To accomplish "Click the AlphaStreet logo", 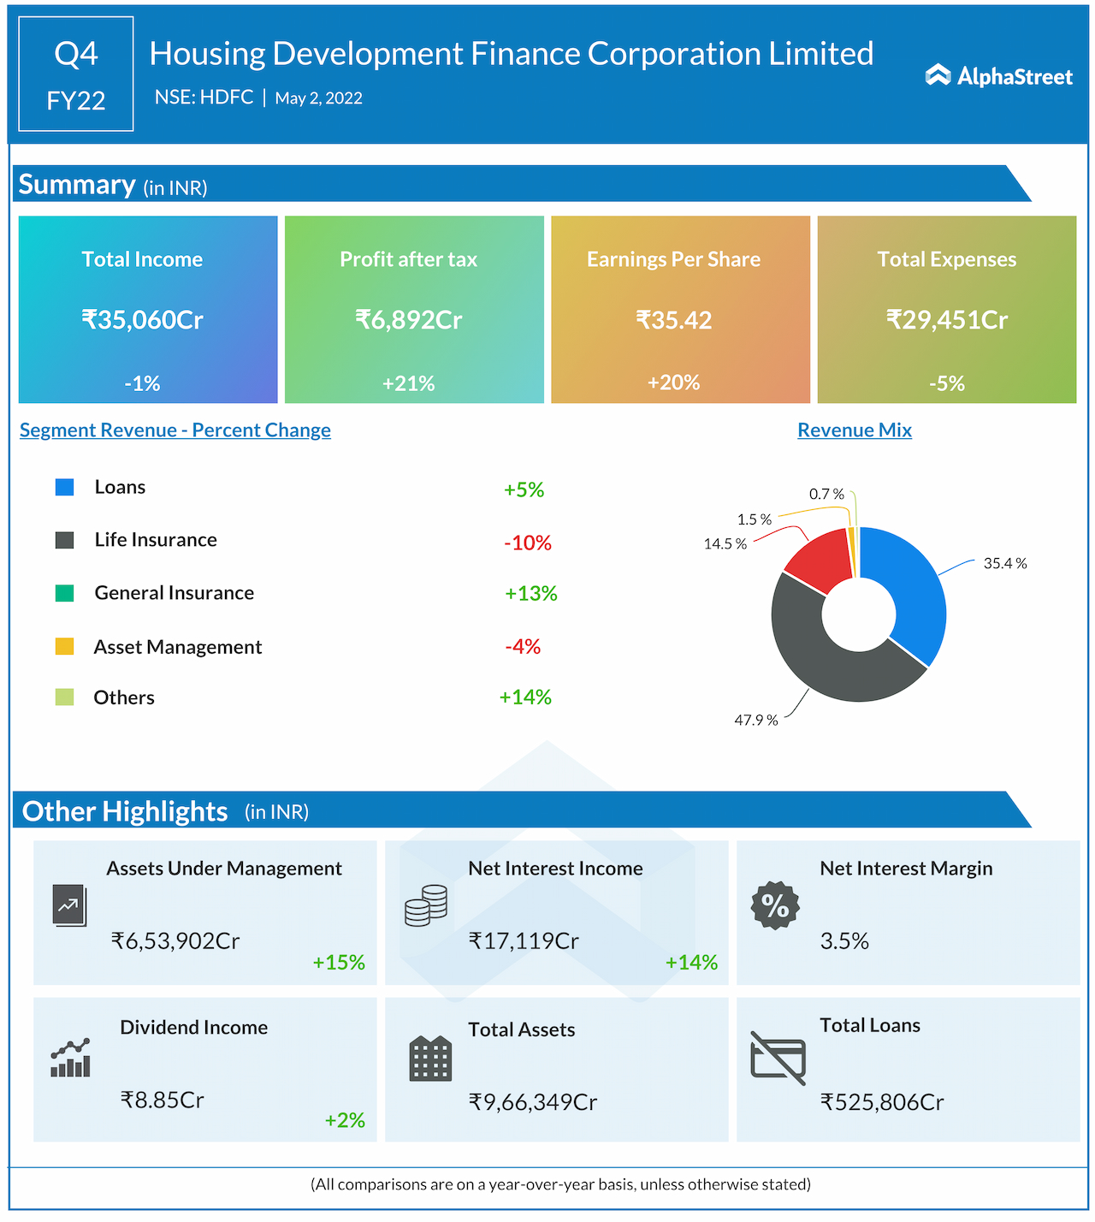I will tap(998, 76).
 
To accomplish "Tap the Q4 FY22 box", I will tap(76, 74).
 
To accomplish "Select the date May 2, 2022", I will tap(318, 98).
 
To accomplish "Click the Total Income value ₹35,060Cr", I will tap(142, 320).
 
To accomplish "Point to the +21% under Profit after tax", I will tap(409, 383).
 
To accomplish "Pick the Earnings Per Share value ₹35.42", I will tap(674, 320).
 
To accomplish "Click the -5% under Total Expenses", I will tap(947, 383).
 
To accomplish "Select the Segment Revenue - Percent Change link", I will tap(175, 430).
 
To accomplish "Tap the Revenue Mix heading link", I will tap(855, 430).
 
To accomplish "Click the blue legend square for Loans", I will tap(64, 487).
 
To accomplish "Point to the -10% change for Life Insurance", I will tap(528, 543).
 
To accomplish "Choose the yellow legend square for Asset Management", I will tap(64, 646).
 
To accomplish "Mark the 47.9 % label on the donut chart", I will tap(756, 721).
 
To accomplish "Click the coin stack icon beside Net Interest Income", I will tap(426, 905).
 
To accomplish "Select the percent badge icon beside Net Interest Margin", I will tap(775, 905).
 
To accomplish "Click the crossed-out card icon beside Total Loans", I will tap(778, 1059).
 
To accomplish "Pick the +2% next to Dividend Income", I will tap(345, 1120).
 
